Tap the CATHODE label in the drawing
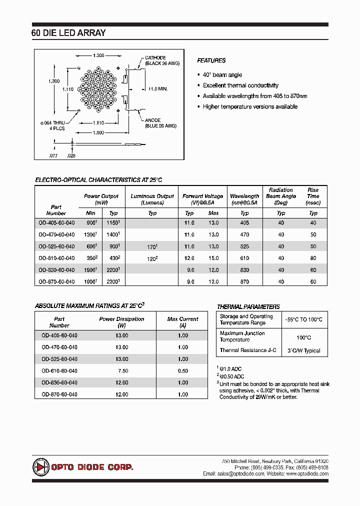[155, 58]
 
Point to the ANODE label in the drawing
[152, 120]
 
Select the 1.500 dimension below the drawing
[98, 132]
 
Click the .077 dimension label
[53, 156]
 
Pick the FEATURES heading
[211, 60]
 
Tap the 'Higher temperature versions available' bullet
[250, 106]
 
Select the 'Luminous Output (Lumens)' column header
[152, 199]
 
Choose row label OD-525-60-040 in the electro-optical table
[56, 246]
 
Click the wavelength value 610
[244, 258]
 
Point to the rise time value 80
[313, 258]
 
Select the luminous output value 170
[151, 246]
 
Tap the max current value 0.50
[183, 371]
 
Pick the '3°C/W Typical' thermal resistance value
[304, 350]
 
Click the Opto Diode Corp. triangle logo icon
[39, 467]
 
